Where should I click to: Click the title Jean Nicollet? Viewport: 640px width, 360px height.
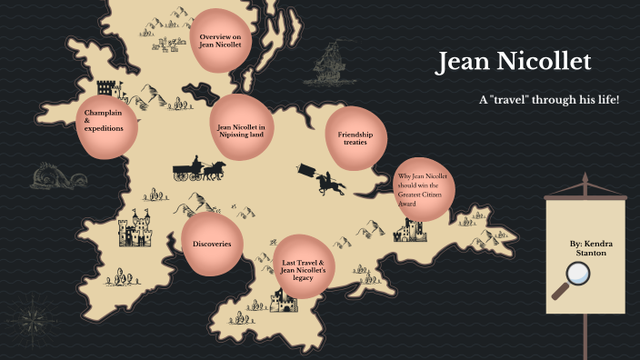513,62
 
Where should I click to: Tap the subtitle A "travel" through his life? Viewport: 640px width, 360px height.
548,98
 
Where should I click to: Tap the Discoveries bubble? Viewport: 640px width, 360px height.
212,245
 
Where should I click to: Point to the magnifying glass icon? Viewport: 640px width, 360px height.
579,277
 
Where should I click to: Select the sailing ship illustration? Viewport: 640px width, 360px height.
330,66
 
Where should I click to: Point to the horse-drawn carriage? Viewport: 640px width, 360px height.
200,170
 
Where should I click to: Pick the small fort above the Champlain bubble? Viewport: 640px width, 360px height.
106,88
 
